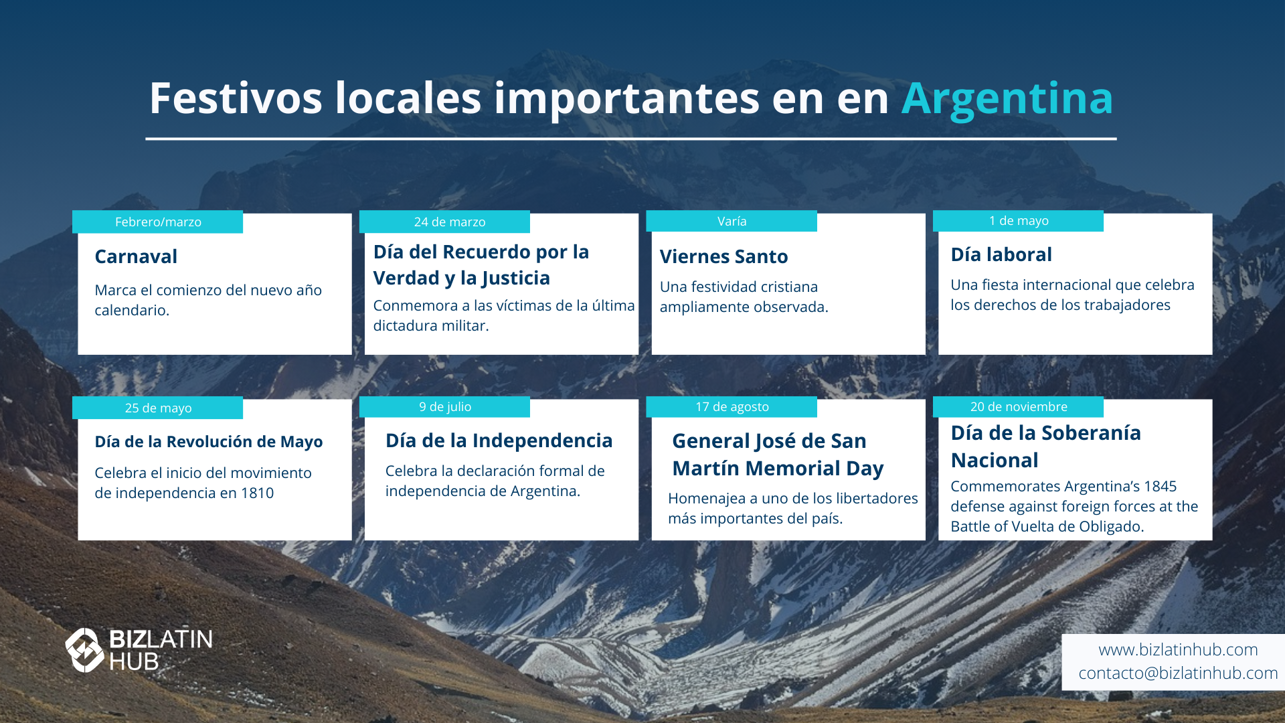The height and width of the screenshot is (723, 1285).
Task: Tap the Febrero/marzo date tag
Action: click(x=158, y=222)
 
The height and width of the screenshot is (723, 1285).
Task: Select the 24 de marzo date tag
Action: click(x=444, y=222)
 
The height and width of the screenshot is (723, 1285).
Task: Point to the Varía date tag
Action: click(x=732, y=221)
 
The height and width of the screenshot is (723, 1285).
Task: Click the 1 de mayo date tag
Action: click(x=1018, y=221)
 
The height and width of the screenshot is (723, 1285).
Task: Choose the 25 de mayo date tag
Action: click(x=158, y=408)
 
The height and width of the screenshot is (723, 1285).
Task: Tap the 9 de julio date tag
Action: click(x=444, y=407)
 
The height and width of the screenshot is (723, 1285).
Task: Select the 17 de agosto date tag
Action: click(x=732, y=407)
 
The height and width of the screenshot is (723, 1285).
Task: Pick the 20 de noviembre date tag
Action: click(x=1018, y=407)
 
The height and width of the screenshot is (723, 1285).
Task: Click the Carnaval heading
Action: click(x=136, y=256)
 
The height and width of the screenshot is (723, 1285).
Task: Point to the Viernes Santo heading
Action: click(x=723, y=256)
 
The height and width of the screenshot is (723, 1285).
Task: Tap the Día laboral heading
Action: click(x=1001, y=254)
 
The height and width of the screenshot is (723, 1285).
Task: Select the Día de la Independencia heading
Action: click(x=499, y=440)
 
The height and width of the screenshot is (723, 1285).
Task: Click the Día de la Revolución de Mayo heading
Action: click(x=208, y=442)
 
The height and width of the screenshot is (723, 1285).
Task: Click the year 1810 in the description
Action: click(x=257, y=493)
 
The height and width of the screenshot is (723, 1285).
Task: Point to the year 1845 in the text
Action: click(x=1160, y=487)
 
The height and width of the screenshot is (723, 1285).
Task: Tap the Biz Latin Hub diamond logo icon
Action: click(x=84, y=650)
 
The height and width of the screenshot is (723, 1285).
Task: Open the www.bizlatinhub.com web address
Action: click(x=1178, y=649)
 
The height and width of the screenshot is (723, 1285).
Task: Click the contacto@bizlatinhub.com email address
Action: click(x=1178, y=673)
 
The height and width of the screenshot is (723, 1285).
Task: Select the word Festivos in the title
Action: click(x=236, y=98)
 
